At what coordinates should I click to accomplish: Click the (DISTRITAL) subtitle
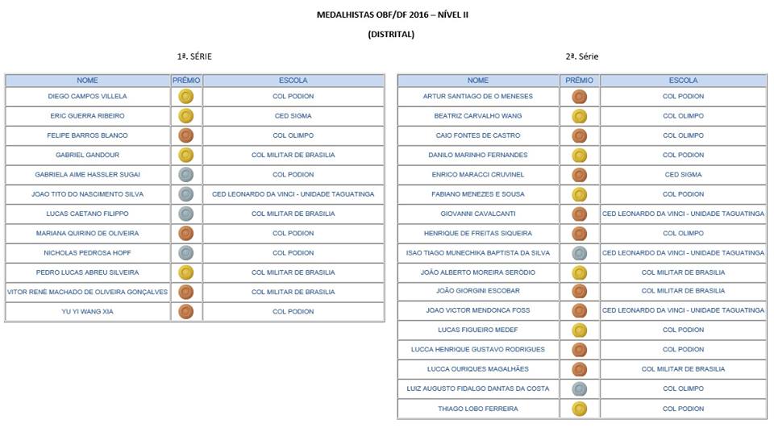390,34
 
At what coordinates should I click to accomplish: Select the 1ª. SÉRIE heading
195,56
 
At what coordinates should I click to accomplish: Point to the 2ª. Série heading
581,56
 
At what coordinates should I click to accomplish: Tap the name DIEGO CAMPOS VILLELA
87,96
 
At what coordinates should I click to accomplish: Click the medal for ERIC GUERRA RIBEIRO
185,116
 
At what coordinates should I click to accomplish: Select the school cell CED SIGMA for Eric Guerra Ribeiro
293,116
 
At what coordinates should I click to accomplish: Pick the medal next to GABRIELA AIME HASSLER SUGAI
185,174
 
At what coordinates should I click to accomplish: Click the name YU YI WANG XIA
87,311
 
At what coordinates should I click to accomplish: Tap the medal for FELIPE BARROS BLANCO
185,135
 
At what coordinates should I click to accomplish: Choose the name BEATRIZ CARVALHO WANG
478,116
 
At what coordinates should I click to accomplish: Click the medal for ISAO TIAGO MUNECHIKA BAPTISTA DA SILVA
579,252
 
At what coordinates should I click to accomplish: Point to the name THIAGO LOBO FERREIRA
478,409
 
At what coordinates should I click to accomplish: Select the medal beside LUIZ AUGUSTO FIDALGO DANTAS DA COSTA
579,389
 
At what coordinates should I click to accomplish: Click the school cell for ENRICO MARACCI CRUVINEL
683,174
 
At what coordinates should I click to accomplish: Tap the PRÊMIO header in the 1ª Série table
186,81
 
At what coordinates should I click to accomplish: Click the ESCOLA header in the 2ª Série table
683,81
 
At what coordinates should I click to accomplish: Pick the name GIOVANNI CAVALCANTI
478,214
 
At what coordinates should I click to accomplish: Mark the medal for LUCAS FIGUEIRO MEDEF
579,330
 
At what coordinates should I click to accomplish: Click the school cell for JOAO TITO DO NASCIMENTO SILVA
293,194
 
